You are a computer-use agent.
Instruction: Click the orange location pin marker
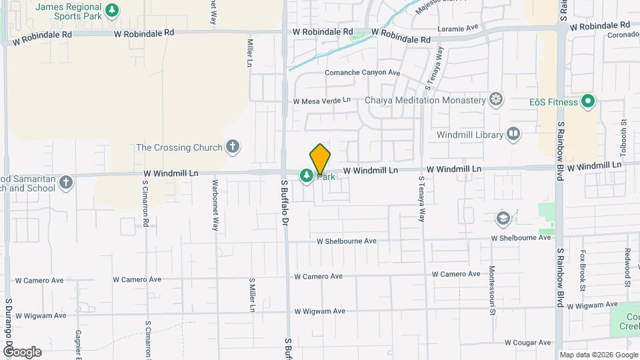320,159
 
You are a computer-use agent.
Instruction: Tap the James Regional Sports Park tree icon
113,10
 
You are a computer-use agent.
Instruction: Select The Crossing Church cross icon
233,147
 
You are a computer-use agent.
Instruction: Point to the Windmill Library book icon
513,135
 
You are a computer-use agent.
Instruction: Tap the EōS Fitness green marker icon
587,102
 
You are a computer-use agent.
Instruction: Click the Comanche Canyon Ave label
362,73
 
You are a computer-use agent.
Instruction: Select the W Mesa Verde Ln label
322,101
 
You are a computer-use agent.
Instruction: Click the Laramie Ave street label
459,29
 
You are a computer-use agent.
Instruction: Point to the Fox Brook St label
582,271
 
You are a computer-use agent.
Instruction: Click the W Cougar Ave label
528,343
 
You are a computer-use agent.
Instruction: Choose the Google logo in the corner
21,352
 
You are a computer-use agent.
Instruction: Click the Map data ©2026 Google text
598,355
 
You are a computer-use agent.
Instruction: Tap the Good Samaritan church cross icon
65,182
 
